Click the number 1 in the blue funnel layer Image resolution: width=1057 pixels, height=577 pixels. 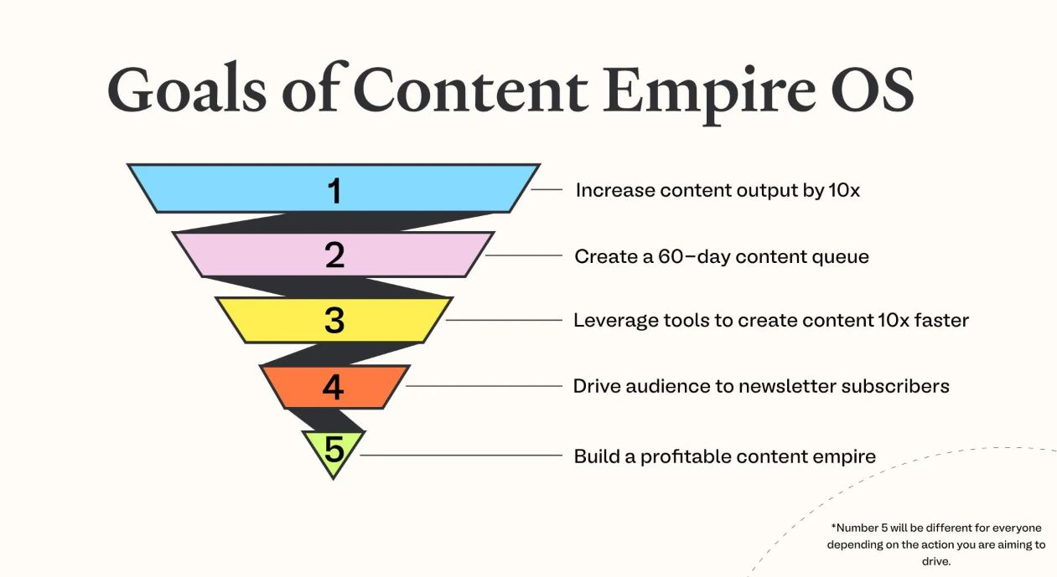coord(334,191)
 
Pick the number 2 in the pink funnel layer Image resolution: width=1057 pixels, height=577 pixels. coord(334,255)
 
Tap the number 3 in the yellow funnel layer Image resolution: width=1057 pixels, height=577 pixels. coord(334,320)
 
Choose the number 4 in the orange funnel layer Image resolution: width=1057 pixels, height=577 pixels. coord(334,387)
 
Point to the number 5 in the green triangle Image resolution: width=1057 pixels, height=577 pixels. coord(334,451)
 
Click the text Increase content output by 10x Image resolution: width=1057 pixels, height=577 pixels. coord(718,190)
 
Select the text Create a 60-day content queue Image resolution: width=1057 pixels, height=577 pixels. coord(722,256)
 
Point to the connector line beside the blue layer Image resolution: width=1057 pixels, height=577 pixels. coord(547,190)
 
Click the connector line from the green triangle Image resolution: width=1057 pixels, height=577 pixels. coord(461,456)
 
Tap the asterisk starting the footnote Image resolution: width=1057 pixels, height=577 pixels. coord(833,528)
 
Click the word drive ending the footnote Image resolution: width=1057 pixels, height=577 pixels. coord(936,561)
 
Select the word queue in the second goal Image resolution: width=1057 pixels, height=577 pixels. coord(843,257)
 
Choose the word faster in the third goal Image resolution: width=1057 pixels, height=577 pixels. coord(942,321)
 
